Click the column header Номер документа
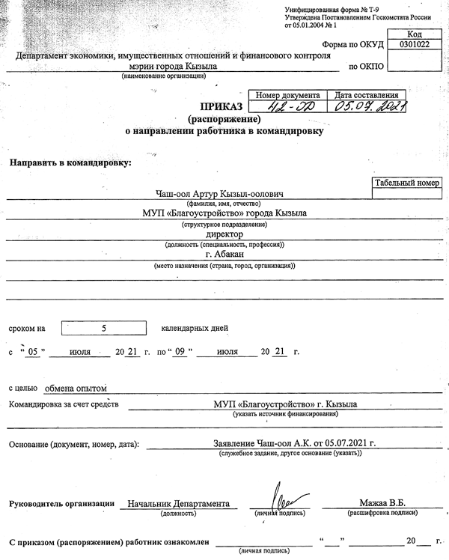288,96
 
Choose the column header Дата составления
367,96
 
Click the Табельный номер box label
407,182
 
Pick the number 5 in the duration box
104,328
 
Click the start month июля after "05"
79,351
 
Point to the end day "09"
179,351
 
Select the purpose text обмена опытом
76,388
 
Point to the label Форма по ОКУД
349,45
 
